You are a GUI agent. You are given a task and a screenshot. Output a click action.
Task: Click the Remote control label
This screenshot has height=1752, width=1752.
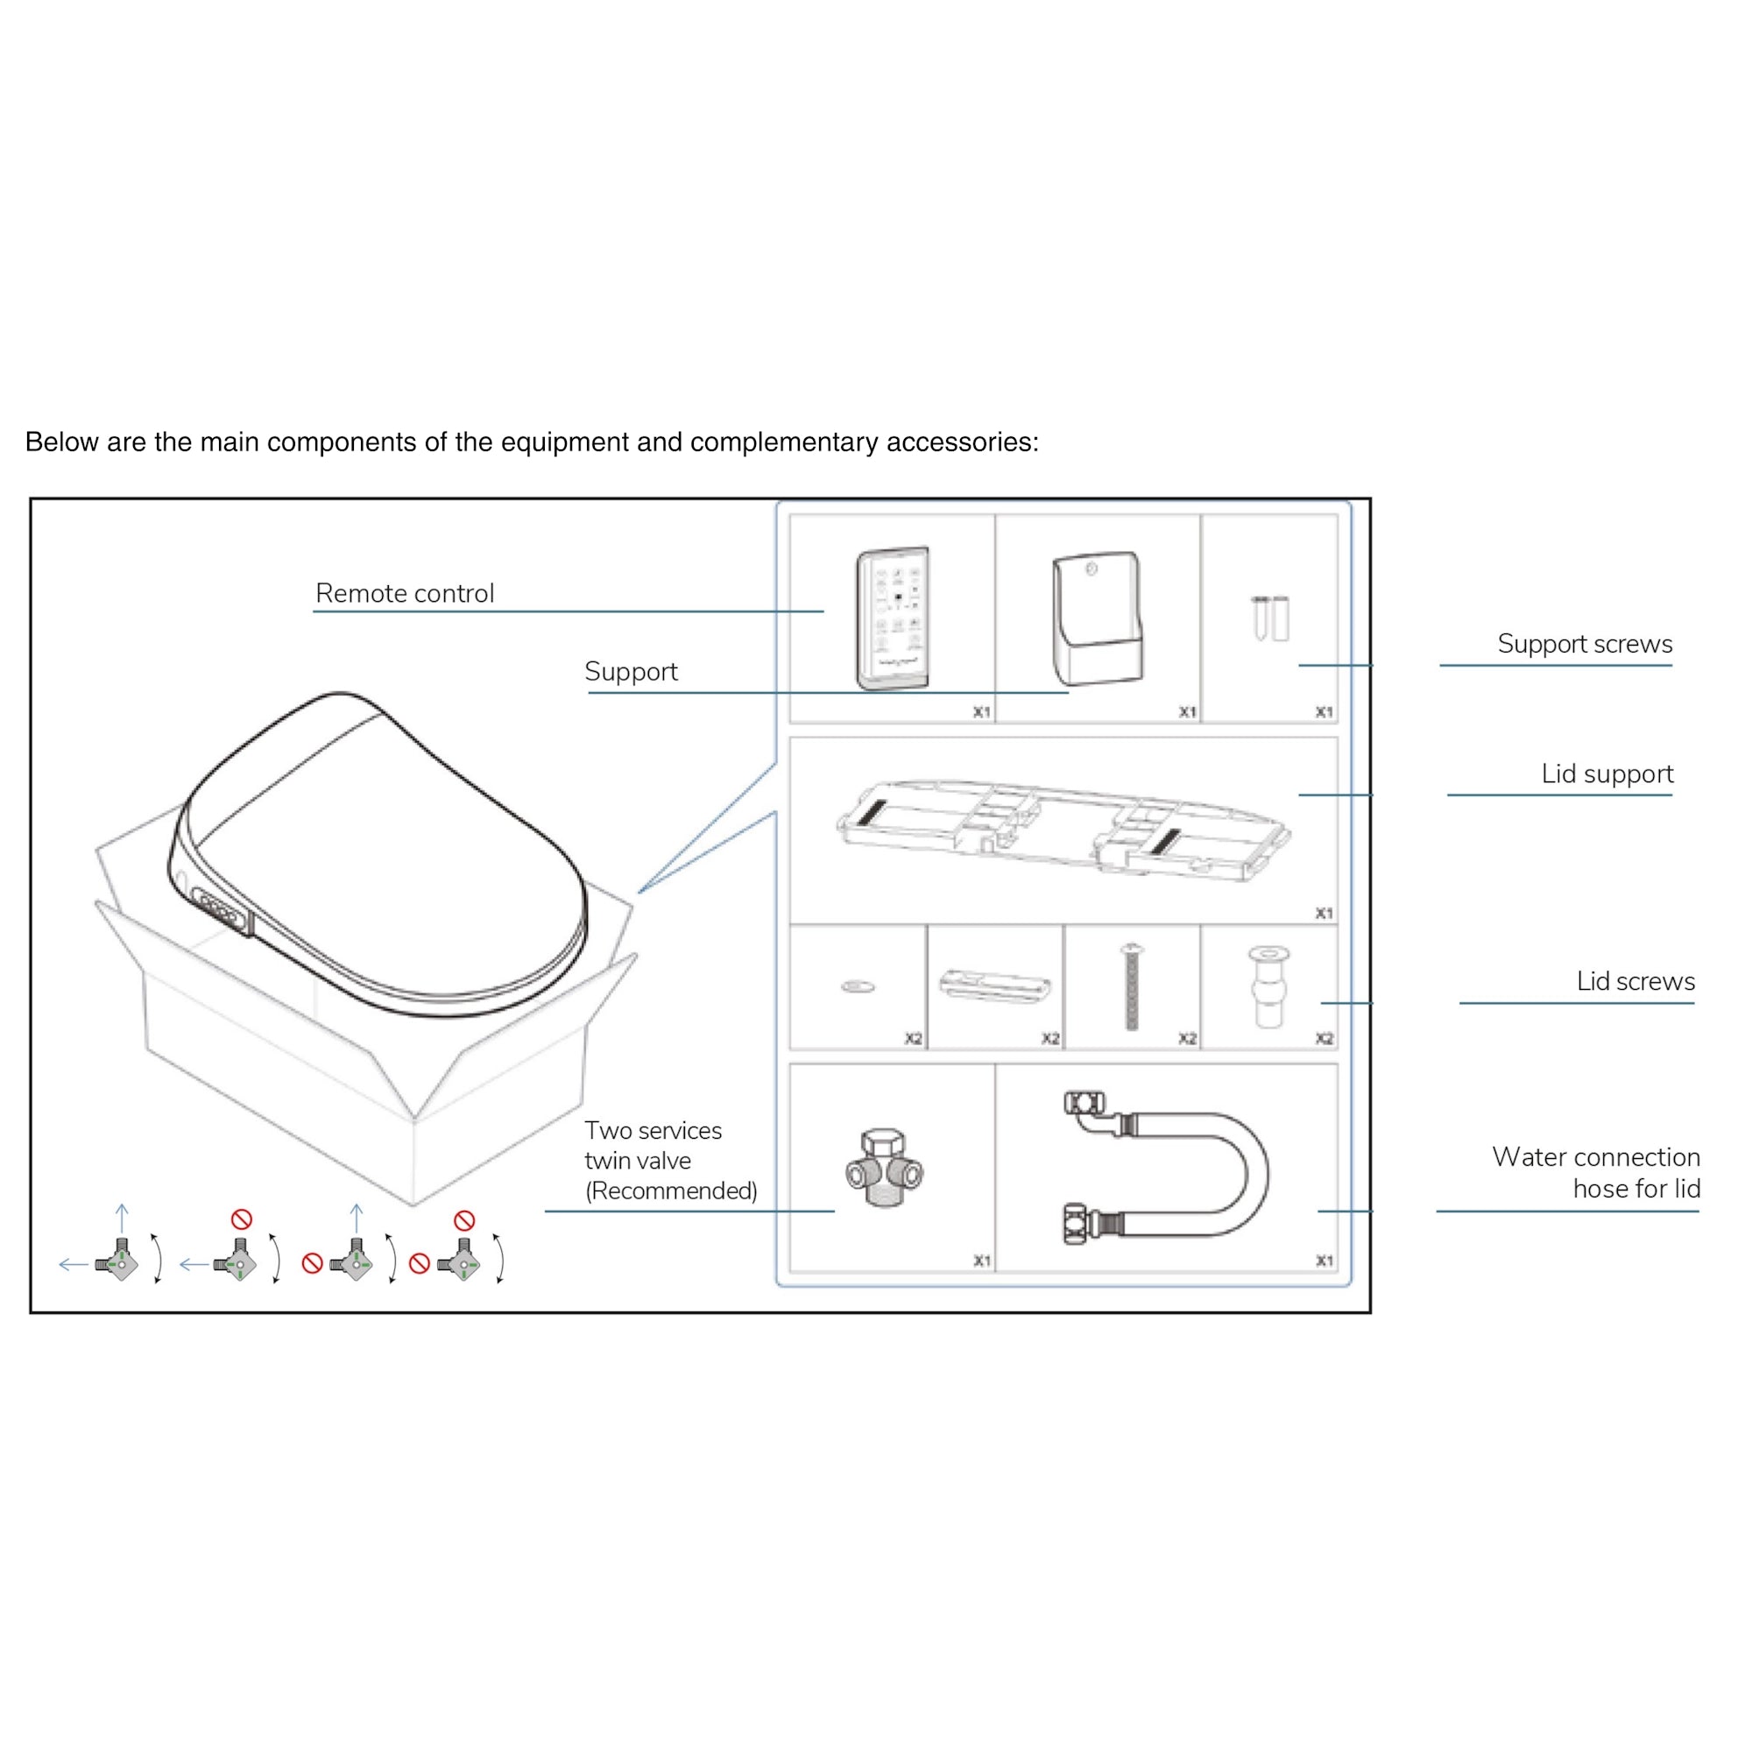[405, 593]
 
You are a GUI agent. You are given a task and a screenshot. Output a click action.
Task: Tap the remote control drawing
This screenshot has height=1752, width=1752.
[893, 618]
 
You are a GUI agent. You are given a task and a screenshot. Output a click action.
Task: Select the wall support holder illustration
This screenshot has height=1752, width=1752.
[1097, 619]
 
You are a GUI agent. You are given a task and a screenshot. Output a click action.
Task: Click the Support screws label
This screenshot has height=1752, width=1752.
[1584, 644]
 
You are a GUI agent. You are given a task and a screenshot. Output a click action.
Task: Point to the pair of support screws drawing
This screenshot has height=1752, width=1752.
[1269, 618]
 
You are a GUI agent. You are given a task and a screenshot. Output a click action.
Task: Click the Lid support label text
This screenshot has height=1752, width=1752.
[1607, 774]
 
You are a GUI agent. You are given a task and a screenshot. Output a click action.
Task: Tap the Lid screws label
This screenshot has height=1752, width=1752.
[1635, 981]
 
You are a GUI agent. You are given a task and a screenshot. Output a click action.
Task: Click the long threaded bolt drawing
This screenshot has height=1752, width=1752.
[1132, 987]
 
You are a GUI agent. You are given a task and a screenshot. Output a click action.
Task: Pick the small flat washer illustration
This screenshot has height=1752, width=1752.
[857, 986]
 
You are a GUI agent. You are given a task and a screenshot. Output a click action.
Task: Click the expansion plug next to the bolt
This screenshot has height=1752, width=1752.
[1268, 988]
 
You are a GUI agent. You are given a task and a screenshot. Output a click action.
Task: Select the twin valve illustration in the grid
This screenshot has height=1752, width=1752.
[884, 1169]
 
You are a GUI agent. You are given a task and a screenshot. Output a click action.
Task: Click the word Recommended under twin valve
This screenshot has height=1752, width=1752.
[671, 1190]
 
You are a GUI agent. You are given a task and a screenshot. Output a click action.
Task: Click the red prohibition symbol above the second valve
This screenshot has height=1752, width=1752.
[241, 1219]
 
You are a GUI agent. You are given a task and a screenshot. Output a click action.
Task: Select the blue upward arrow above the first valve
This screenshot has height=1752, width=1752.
[123, 1218]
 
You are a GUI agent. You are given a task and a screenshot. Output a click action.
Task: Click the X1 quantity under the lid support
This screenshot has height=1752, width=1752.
[1324, 913]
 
